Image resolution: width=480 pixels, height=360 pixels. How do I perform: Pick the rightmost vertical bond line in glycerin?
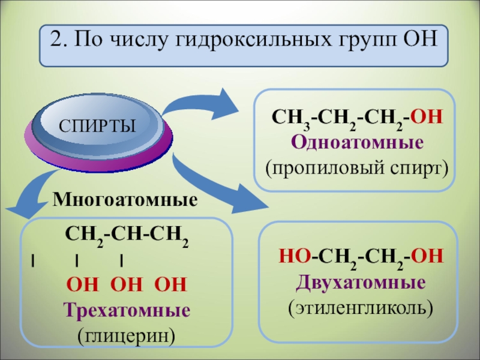coord(121,260)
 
